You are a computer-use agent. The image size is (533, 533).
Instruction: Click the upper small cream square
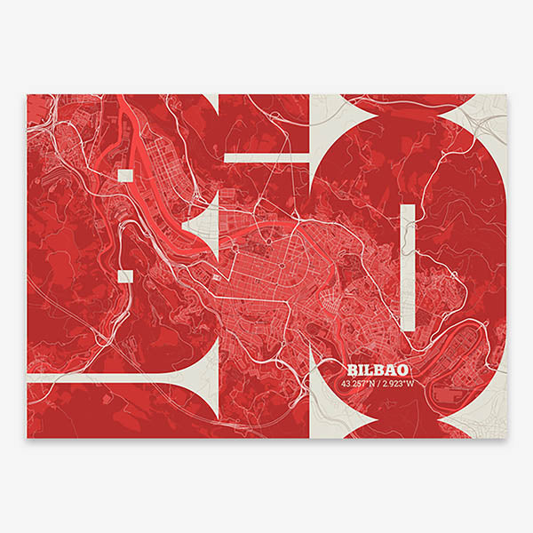[124, 174]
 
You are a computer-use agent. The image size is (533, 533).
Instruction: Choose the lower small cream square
[125, 275]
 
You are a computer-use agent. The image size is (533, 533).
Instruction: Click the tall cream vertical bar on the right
[408, 266]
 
